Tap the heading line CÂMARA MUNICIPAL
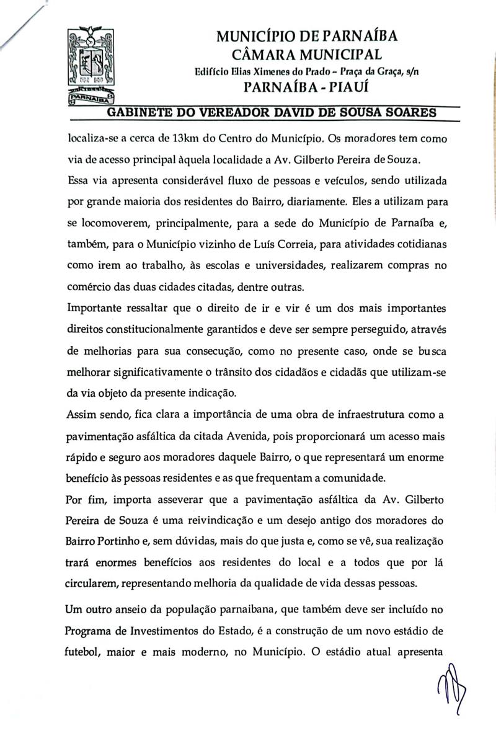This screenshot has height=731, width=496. [x=307, y=54]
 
